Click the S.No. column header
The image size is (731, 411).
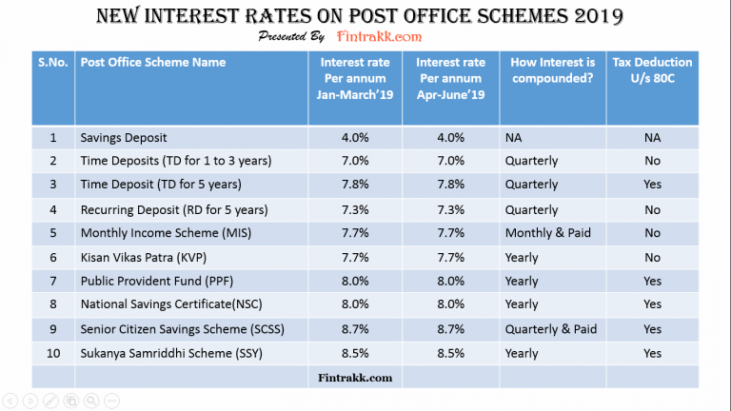click(x=53, y=63)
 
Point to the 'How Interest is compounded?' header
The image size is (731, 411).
click(x=552, y=70)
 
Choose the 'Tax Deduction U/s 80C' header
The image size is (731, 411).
click(x=652, y=70)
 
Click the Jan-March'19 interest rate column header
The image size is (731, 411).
click(x=349, y=78)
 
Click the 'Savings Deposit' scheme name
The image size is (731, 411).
click(x=127, y=137)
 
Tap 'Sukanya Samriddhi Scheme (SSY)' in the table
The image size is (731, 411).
click(x=168, y=352)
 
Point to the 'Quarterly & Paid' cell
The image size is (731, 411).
click(x=551, y=329)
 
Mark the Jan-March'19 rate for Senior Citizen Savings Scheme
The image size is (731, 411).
click(x=349, y=329)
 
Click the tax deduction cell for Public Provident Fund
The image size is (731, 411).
click(x=652, y=282)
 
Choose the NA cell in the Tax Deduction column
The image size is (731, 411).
click(x=652, y=137)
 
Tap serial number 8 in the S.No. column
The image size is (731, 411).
click(x=53, y=305)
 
